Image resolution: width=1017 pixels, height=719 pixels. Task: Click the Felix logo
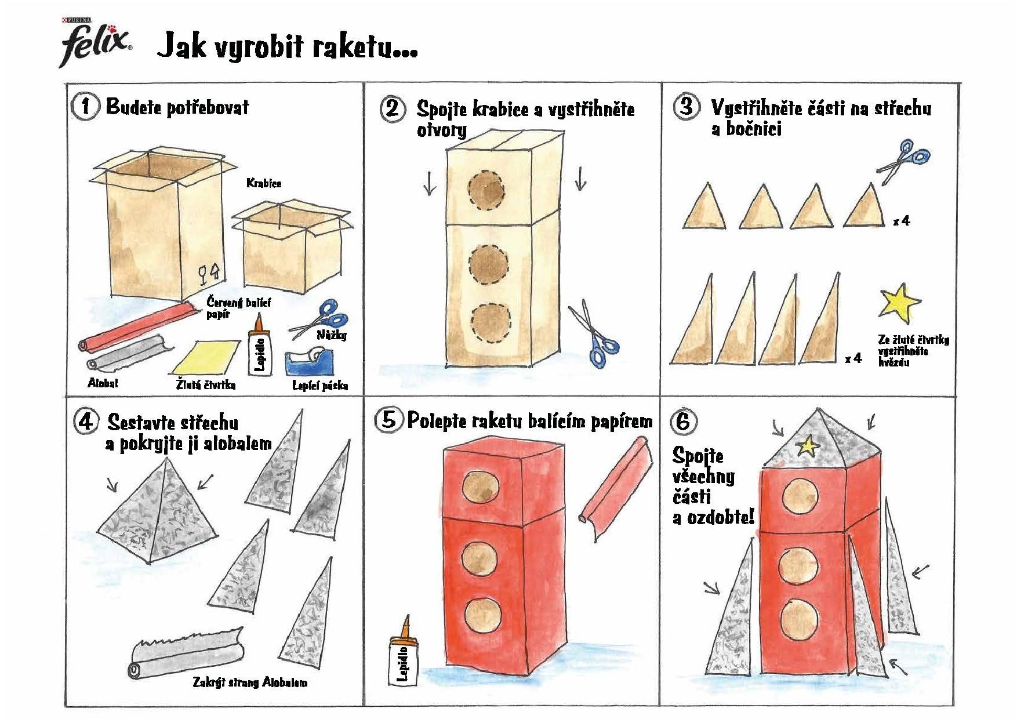(96, 41)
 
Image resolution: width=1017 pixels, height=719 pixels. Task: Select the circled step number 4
(85, 422)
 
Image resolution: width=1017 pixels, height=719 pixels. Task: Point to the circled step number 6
(684, 422)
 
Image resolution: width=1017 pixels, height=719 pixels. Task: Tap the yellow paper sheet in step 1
(206, 357)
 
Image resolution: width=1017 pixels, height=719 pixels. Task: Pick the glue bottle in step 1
(259, 344)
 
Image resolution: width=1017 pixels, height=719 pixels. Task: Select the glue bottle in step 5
(404, 655)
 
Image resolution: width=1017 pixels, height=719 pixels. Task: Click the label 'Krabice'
(264, 183)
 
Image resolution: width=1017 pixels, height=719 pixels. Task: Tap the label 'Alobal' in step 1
(103, 383)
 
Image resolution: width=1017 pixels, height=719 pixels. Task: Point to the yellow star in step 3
(898, 302)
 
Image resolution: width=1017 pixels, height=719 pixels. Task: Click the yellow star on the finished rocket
(807, 445)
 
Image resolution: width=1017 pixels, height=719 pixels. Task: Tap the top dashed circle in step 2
(486, 190)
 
